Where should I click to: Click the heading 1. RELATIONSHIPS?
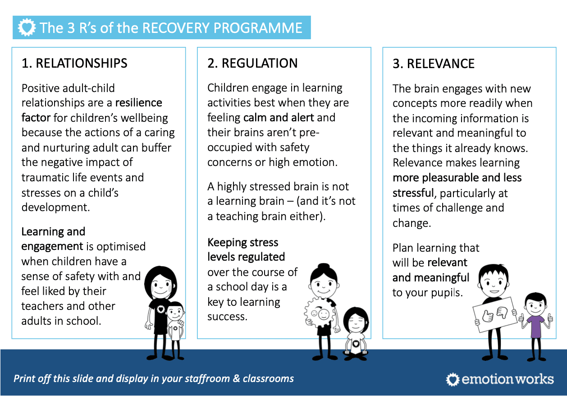(74, 63)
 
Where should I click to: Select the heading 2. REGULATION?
(252, 63)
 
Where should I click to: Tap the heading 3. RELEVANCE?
(433, 64)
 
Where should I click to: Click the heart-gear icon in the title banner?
(27, 28)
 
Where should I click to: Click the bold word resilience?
(138, 103)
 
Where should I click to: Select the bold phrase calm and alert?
(279, 118)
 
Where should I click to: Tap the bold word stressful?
(413, 193)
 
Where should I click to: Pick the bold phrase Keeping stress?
(243, 243)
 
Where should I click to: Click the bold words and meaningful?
(431, 278)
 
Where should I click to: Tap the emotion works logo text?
(507, 379)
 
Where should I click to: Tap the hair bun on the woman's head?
(323, 267)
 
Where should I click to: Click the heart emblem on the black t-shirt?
(160, 309)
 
